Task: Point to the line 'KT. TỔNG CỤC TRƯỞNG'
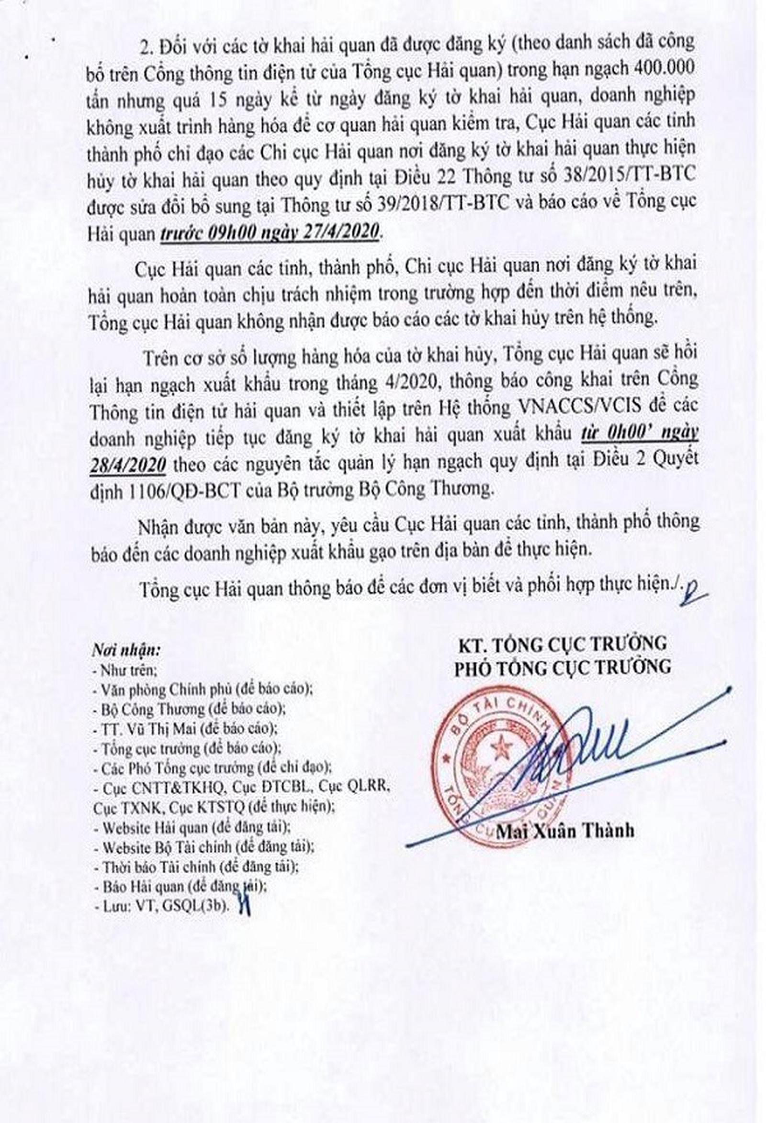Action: pyautogui.click(x=563, y=644)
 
